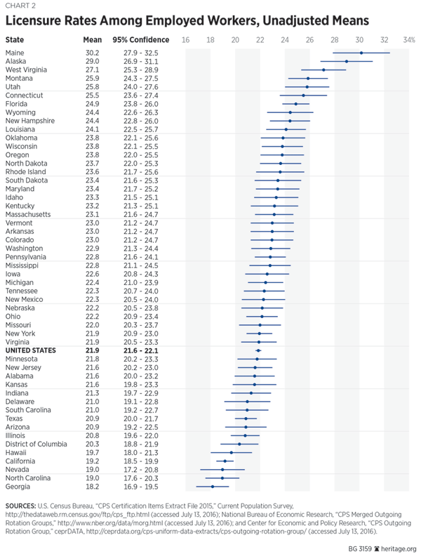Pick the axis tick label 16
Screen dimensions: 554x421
(185, 39)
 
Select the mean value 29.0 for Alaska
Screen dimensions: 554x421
(91, 61)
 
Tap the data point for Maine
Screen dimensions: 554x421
(361, 53)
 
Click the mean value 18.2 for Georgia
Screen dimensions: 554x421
(91, 486)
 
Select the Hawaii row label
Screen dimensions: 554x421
(16, 452)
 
